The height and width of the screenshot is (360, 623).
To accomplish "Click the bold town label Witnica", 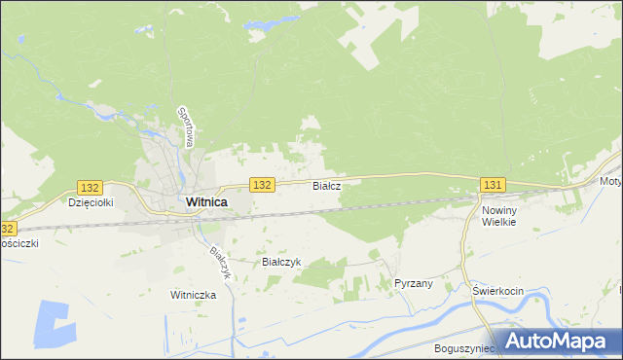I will click(206, 202).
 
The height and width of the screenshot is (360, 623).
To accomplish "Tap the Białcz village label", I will click(325, 185).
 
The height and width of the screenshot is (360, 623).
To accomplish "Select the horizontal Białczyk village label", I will click(281, 262).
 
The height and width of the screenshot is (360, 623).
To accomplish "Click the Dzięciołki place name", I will click(92, 203).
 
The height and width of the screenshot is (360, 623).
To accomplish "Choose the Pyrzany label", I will click(413, 282).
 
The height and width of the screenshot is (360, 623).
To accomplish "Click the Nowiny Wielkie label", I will click(497, 215).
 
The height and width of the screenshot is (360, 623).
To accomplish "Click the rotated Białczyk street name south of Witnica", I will click(220, 261).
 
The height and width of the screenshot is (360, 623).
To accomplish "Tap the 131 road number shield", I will click(493, 185).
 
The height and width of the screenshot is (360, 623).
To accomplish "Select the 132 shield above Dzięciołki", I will click(90, 187).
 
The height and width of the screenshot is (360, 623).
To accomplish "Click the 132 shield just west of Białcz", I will click(261, 184).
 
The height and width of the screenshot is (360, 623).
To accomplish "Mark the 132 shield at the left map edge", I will click(7, 229).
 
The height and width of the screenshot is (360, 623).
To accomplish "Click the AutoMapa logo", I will click(558, 340).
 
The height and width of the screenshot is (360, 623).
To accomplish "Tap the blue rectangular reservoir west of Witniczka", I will click(53, 322).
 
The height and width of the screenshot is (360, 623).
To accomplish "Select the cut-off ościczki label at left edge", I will click(18, 243).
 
